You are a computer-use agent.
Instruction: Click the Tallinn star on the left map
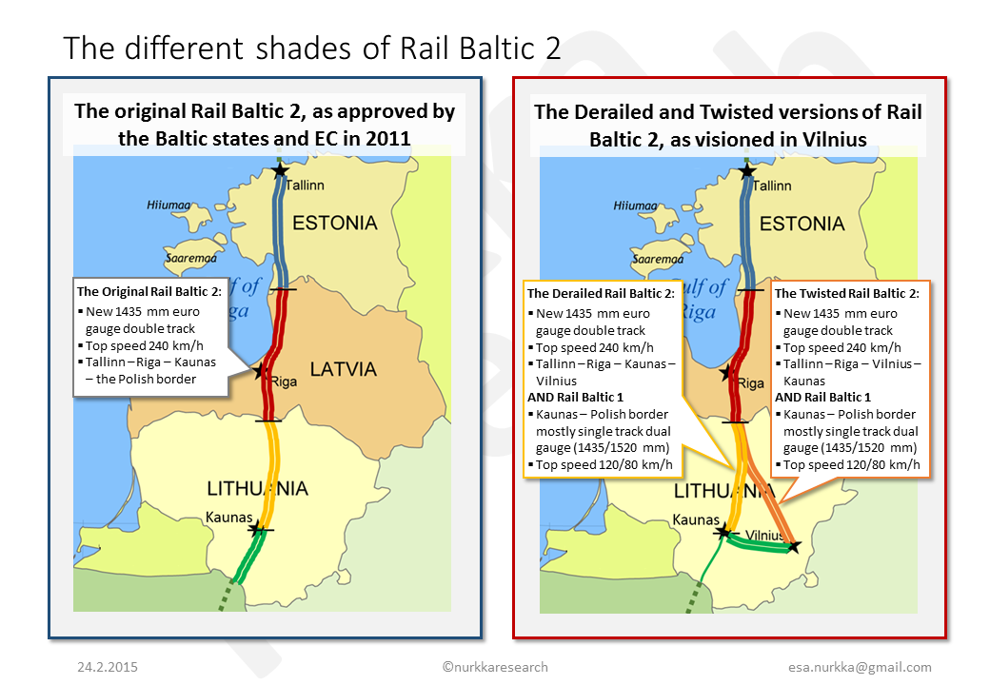coord(280,170)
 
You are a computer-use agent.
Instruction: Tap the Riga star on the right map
coord(727,372)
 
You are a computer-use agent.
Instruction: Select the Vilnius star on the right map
coord(794,546)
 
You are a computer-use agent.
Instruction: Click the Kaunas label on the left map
coord(228,518)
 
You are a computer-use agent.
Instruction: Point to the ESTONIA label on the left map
coord(335,223)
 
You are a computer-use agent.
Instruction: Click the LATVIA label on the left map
coord(343,369)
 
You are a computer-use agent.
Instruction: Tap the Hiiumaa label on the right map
coord(635,205)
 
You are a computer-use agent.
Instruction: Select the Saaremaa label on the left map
coord(190,258)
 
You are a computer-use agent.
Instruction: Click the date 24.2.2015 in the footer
coord(108,667)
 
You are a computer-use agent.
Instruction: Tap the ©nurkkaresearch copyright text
coord(495,667)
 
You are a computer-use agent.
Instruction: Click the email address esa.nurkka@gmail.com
coord(860,667)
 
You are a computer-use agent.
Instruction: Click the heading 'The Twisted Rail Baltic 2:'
coord(846,293)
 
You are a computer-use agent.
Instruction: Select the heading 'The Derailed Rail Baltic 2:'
coord(601,293)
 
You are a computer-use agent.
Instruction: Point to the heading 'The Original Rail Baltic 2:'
coord(149,291)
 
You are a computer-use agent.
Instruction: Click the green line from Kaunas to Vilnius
coord(759,543)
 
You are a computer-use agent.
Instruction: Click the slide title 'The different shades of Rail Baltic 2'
coord(312,48)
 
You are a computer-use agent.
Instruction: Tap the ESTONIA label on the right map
coord(802,224)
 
